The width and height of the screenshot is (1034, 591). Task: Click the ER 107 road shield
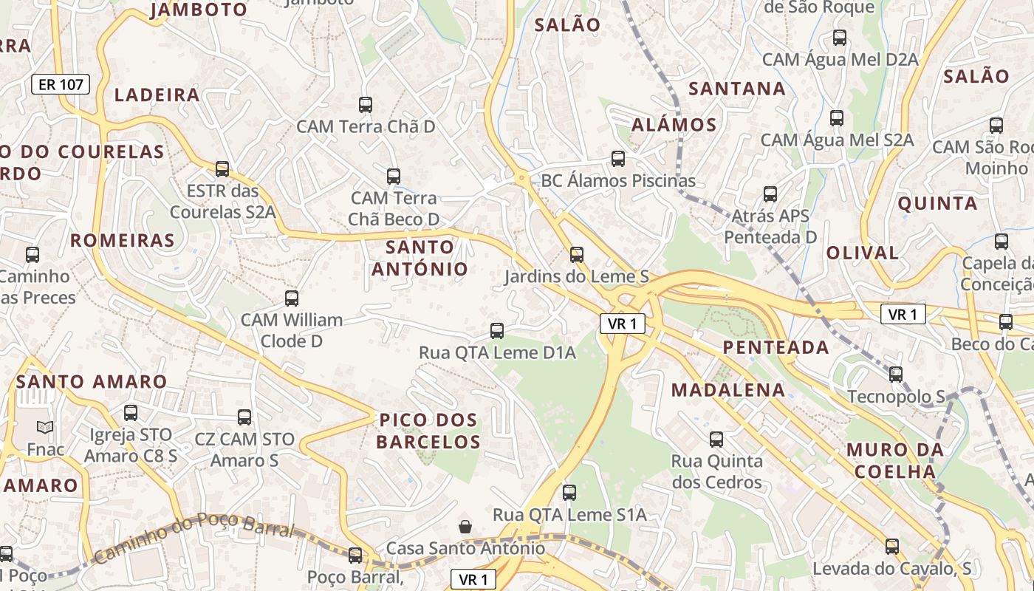[61, 84]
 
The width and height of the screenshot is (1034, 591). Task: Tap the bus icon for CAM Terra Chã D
[366, 105]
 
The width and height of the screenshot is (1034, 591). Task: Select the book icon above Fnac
[45, 427]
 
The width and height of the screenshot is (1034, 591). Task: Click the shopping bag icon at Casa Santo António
[465, 527]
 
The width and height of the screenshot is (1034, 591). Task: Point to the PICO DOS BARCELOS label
[428, 431]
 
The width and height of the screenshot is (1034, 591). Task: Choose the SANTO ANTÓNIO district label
[420, 258]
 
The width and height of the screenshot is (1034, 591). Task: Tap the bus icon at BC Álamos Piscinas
[618, 159]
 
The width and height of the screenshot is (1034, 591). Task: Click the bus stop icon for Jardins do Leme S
[576, 255]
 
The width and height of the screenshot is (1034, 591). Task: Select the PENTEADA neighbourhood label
[775, 347]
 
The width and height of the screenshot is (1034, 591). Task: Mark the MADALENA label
[727, 390]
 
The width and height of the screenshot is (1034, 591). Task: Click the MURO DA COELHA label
[895, 460]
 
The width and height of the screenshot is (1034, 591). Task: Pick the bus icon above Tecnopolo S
[896, 375]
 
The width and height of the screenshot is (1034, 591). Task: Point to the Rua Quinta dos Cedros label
[716, 471]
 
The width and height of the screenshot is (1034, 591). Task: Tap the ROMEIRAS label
[123, 240]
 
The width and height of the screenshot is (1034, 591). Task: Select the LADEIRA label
[157, 95]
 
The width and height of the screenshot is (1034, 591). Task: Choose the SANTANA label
[736, 89]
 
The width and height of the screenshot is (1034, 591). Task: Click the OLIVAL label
[862, 253]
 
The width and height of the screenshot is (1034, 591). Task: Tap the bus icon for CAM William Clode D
[292, 298]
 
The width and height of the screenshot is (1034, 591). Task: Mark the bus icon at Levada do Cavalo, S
[892, 547]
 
